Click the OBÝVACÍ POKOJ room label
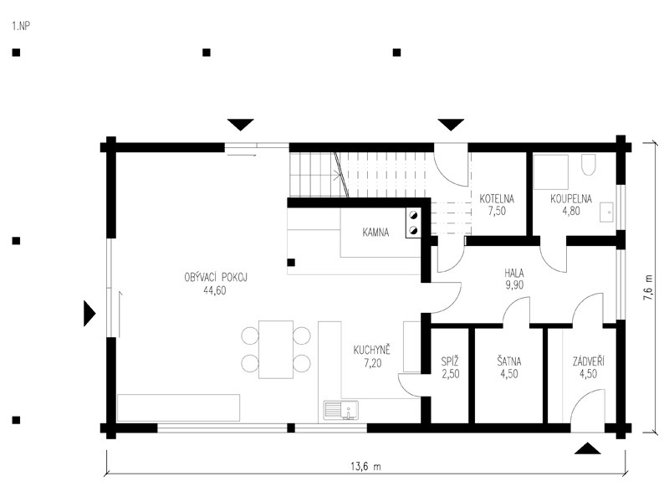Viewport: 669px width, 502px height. (x=216, y=277)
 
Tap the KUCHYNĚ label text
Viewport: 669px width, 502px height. (x=371, y=350)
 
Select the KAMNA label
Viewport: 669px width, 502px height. (x=375, y=233)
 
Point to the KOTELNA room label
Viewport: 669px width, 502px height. (x=497, y=199)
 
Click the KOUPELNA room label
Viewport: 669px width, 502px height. (x=571, y=199)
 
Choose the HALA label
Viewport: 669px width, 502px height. (x=514, y=273)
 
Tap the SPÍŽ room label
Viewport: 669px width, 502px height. (x=450, y=361)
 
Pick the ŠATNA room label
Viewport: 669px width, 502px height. (x=509, y=361)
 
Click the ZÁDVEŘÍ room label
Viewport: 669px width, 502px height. (x=589, y=361)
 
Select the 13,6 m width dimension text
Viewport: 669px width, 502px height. (x=365, y=466)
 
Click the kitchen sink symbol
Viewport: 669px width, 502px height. (x=341, y=410)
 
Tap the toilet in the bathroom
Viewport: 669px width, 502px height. (x=589, y=165)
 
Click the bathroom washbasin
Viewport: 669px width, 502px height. (x=606, y=213)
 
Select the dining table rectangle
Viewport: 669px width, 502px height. (x=276, y=349)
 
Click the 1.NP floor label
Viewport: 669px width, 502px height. (x=21, y=26)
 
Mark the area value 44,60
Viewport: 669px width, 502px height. (x=215, y=290)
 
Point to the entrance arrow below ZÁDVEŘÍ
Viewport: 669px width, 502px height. (x=588, y=448)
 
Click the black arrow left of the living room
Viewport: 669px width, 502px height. (x=89, y=314)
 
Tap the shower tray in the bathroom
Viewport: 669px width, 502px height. (x=551, y=172)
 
